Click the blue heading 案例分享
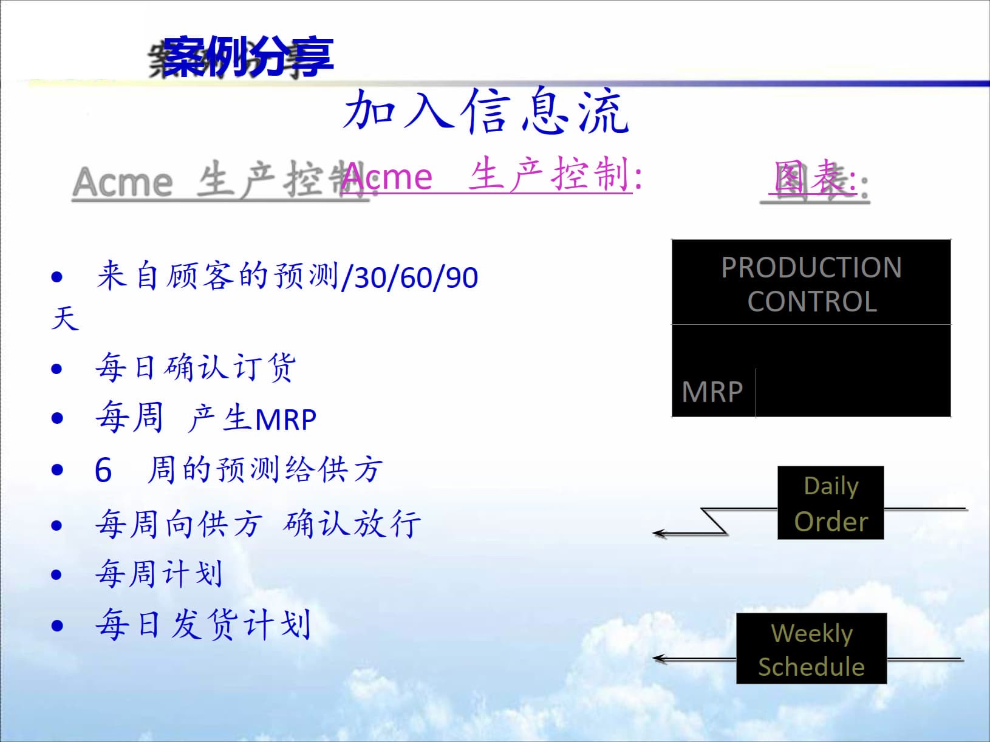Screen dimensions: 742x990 click(x=248, y=56)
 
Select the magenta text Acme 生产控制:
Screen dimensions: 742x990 click(x=491, y=176)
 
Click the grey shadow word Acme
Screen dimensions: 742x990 click(x=123, y=182)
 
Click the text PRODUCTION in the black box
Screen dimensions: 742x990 click(x=811, y=268)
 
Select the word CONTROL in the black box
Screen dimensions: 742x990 click(x=811, y=302)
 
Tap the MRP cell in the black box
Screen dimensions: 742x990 click(x=712, y=392)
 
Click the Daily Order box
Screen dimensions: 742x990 click(x=830, y=503)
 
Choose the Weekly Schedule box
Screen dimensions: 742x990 click(x=811, y=649)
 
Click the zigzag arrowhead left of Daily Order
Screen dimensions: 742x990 click(x=660, y=534)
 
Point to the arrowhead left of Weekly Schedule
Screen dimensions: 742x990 click(x=660, y=658)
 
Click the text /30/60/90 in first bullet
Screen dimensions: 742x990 click(x=410, y=277)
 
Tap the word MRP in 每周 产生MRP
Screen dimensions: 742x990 click(x=285, y=420)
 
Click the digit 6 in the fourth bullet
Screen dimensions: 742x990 click(x=103, y=471)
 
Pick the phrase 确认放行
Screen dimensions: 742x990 click(x=352, y=524)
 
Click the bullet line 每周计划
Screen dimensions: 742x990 click(x=159, y=574)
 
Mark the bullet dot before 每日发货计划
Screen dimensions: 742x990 click(x=57, y=625)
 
